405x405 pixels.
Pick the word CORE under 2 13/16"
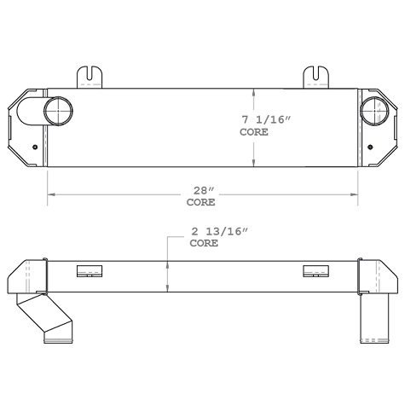pos(203,244)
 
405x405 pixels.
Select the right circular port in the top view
pos(373,111)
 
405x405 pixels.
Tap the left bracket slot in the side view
pos(89,272)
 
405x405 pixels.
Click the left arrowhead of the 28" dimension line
pos(50,195)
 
